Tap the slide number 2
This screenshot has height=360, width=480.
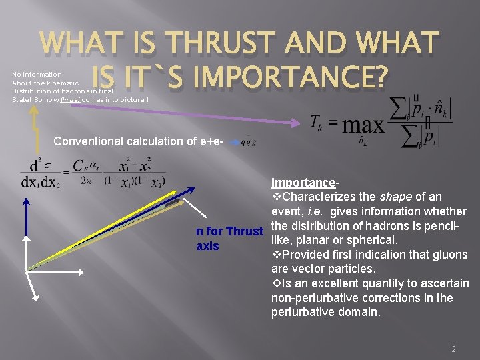click(x=453, y=349)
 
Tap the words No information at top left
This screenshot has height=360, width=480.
click(x=37, y=74)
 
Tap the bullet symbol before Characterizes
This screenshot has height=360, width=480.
click(x=277, y=197)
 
